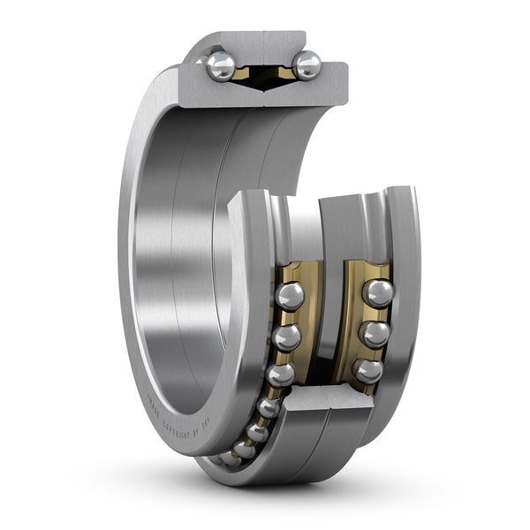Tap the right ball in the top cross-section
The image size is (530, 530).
[307, 64]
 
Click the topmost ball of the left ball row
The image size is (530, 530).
[289, 296]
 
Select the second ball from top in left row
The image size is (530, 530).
[286, 337]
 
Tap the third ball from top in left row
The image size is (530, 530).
[281, 375]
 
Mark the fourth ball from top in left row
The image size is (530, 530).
[269, 407]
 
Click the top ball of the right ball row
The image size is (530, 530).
[378, 293]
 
